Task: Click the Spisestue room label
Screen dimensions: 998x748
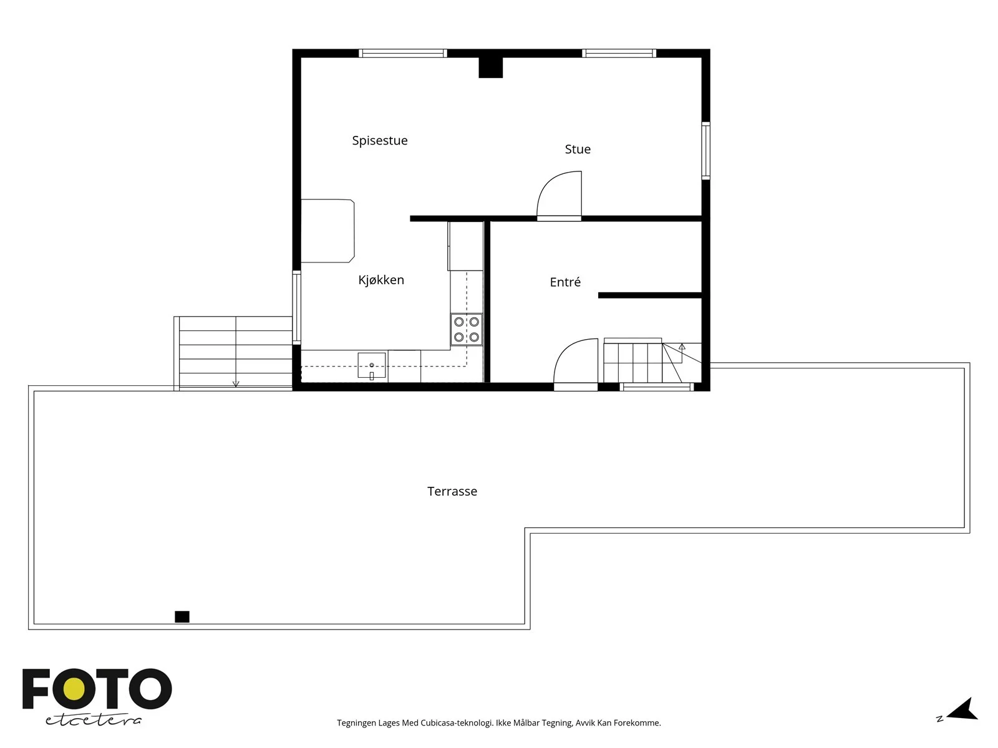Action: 380,141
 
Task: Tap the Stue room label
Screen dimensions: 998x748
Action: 578,149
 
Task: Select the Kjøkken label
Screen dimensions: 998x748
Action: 381,280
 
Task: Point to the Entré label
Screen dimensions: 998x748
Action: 565,282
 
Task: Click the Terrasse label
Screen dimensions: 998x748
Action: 452,491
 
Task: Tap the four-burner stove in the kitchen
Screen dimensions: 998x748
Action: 467,329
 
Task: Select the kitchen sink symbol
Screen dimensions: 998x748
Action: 372,366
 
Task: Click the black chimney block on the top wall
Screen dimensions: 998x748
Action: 491,68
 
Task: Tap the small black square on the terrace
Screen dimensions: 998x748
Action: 182,616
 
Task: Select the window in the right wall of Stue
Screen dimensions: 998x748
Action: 705,150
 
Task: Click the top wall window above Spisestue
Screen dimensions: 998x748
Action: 403,53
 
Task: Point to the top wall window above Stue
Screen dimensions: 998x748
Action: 619,53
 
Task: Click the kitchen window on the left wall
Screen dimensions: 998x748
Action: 296,307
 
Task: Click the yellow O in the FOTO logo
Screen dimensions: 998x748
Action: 75,689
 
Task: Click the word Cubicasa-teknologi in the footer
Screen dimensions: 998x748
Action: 457,723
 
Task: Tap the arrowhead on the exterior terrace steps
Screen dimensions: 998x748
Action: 236,384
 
